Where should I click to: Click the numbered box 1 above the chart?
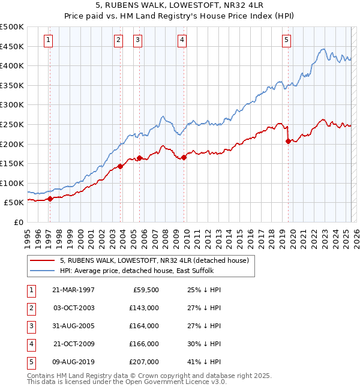click(x=49, y=40)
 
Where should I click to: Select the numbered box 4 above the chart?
click(x=182, y=40)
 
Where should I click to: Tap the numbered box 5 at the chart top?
click(x=286, y=40)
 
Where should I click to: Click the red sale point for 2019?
click(x=288, y=141)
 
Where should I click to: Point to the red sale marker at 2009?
click(x=184, y=157)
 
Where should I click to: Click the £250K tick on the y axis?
click(x=13, y=124)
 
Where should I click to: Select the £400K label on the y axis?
click(x=13, y=65)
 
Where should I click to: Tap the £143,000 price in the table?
click(x=145, y=307)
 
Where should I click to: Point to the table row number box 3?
click(x=31, y=326)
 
